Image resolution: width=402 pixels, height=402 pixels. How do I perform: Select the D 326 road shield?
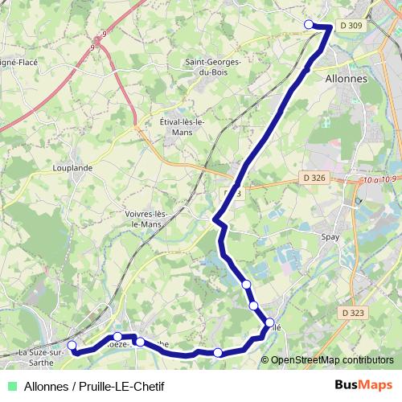(x=316, y=177)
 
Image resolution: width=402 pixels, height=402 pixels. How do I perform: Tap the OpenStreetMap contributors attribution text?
(x=331, y=360)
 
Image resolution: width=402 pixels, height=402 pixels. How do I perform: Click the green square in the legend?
(x=9, y=386)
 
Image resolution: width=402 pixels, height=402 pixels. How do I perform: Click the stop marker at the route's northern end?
(x=309, y=25)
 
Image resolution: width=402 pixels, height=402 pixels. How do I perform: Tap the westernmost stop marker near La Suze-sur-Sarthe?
(x=72, y=346)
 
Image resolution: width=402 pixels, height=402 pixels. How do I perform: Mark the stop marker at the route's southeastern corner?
(x=269, y=324)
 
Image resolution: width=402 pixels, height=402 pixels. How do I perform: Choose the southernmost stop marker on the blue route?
(x=217, y=352)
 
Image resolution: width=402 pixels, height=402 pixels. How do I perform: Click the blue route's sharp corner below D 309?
(x=330, y=28)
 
